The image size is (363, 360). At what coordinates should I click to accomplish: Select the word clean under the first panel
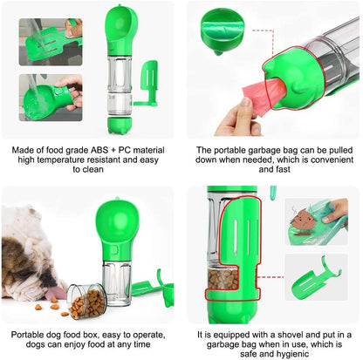(x=90, y=171)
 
